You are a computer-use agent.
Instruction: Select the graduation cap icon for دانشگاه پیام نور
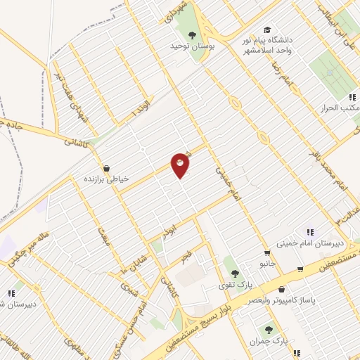tap(266, 30)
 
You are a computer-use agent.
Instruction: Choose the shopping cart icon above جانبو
tap(266, 253)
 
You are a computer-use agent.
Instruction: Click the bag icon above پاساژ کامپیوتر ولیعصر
tap(281, 289)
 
